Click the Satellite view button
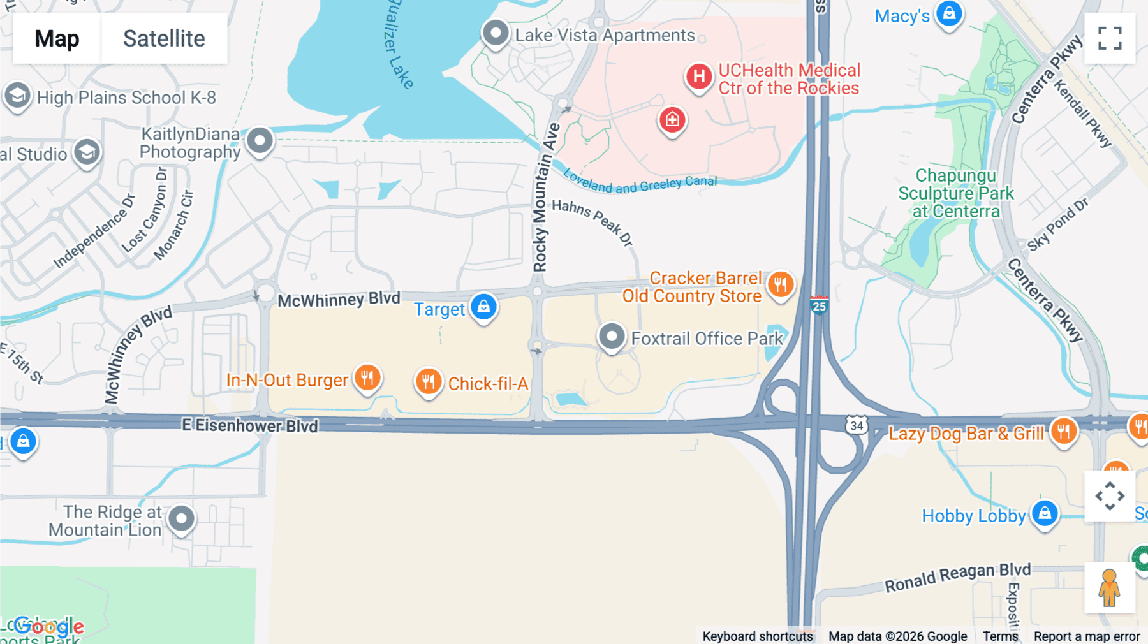point(164,38)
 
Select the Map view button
point(57,38)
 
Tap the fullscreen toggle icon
point(1110,38)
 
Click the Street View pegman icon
point(1110,588)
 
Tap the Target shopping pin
point(483,307)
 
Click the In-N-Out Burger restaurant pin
point(367,377)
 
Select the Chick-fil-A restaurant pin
point(429,381)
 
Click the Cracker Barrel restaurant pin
point(781,284)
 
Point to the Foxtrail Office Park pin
point(611,335)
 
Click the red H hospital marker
point(699,77)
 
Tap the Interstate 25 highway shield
point(819,305)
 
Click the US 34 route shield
point(857,425)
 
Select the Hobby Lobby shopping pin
point(1045,513)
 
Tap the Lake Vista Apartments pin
point(496,33)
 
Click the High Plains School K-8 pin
point(17,96)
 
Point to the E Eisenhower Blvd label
point(250,425)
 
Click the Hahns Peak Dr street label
point(592,221)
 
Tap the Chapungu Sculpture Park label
point(955,193)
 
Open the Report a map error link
point(1087,636)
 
